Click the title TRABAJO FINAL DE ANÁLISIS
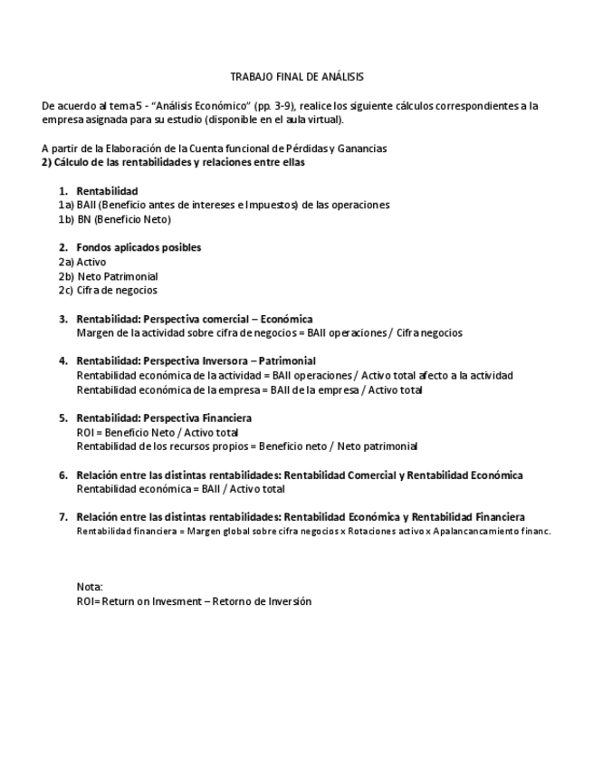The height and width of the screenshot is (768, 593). [x=296, y=77]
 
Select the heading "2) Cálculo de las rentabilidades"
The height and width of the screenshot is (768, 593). [x=173, y=163]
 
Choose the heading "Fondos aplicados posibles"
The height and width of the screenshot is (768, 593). [x=139, y=247]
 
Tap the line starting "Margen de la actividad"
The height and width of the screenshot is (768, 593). [x=269, y=332]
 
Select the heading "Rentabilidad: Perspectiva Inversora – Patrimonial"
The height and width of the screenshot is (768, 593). [x=196, y=360]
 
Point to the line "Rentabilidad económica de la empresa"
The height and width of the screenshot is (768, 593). [x=249, y=390]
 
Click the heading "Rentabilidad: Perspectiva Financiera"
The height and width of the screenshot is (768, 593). [x=164, y=418]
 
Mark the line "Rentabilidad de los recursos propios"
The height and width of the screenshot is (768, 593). [x=246, y=446]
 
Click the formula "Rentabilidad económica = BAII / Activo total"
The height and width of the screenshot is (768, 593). [x=180, y=489]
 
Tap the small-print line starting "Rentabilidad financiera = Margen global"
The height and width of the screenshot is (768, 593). [x=313, y=532]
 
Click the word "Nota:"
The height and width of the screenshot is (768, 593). [x=90, y=587]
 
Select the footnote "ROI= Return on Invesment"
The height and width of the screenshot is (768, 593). [x=194, y=601]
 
